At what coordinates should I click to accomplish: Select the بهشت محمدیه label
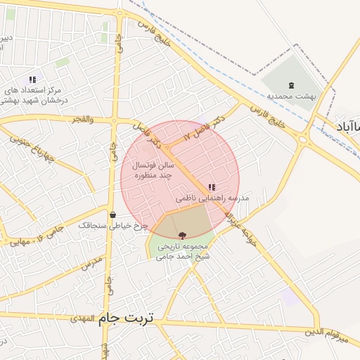[295, 95]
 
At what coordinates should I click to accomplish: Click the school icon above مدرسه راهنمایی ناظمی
[212, 187]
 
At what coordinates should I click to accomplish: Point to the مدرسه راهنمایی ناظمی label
[212, 200]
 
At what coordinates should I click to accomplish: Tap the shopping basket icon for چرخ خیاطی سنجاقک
[112, 214]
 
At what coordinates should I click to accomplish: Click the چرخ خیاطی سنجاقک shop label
[112, 226]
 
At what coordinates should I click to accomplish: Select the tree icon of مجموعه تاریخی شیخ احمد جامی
[182, 235]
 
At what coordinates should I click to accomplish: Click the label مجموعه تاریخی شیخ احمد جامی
[183, 251]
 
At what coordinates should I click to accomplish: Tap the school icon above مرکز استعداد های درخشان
[32, 79]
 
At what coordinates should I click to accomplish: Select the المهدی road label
[82, 319]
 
